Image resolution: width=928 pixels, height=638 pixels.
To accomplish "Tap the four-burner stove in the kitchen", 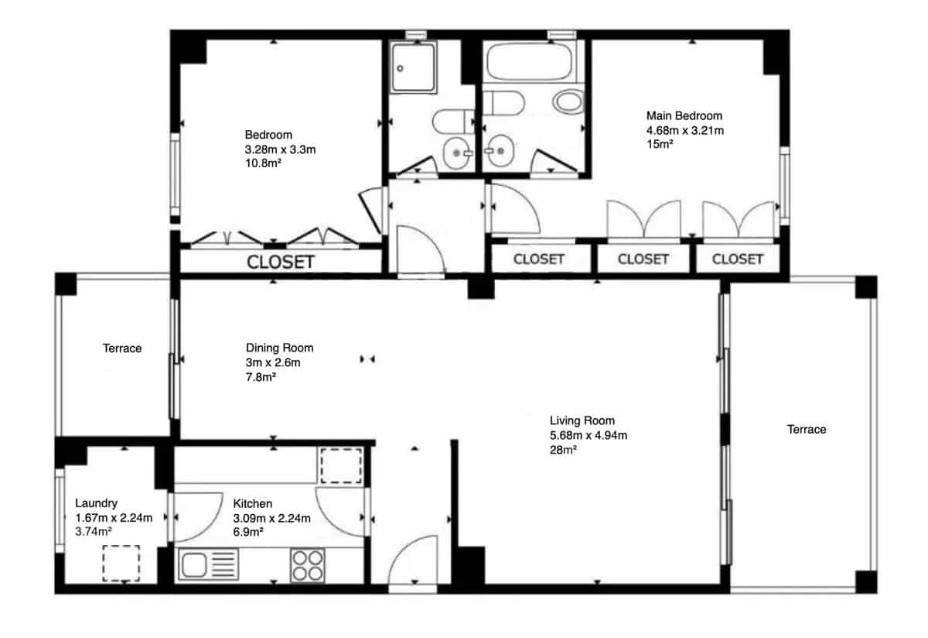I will pos(307,564).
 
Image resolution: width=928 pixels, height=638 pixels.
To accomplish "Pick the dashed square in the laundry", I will pos(121,563).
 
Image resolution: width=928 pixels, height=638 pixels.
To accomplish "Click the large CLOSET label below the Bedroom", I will pos(280,262).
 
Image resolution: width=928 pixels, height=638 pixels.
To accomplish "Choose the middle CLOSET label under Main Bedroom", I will pos(643,259).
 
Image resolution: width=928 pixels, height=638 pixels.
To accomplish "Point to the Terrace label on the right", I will pos(807,429).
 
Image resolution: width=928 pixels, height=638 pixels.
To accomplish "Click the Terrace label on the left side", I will pos(122,348).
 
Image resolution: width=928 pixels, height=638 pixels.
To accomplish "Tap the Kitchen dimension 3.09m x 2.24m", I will pos(271,518).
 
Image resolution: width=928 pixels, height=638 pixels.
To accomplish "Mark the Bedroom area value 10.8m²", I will pos(263,163).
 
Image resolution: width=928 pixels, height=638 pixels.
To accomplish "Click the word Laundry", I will pos(96,503).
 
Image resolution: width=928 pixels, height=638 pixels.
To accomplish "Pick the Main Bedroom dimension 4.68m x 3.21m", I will pos(685,130).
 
